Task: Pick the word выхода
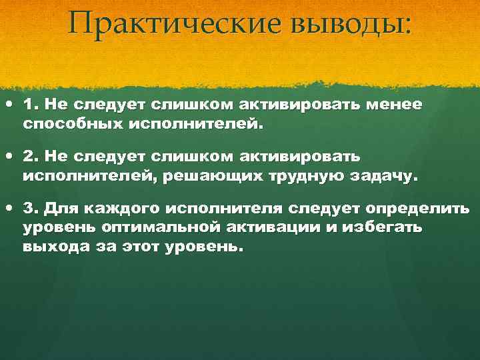click(53, 246)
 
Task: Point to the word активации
click(273, 227)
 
